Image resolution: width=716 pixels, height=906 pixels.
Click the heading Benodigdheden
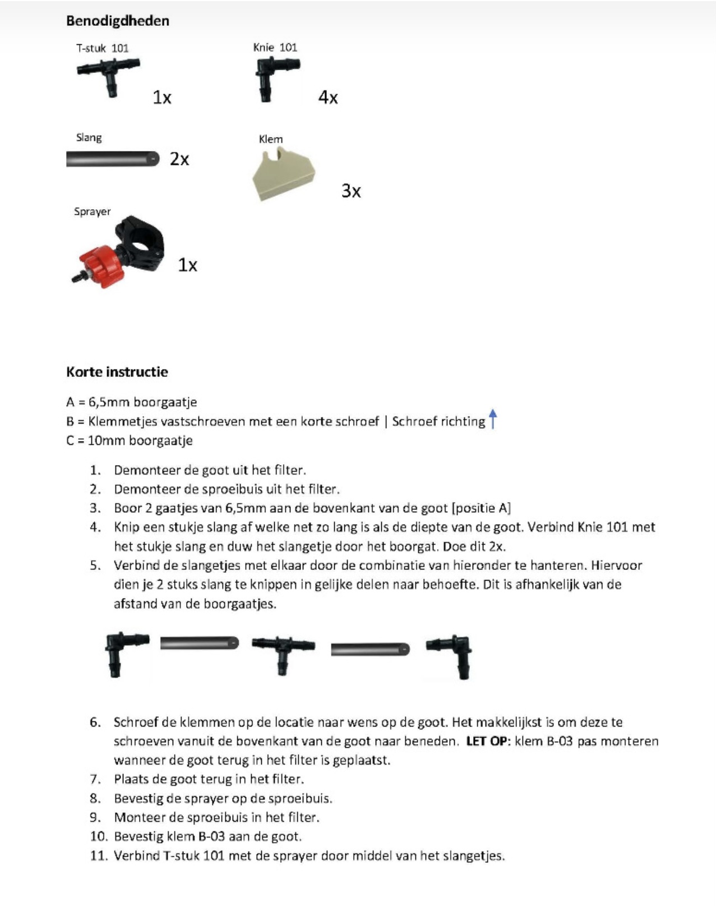117,21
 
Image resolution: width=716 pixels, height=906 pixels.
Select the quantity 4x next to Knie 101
328,98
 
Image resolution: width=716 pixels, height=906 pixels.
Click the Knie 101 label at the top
275,48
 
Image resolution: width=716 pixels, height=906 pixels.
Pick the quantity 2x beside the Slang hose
179,159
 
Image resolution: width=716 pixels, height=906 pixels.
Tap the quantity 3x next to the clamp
351,191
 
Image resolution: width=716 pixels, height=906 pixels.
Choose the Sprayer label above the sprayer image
92,211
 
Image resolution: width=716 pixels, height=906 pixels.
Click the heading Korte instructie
117,372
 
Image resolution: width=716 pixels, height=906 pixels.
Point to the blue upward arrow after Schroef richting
493,419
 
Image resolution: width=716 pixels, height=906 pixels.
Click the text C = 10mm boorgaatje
129,440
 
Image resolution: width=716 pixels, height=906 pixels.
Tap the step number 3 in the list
95,508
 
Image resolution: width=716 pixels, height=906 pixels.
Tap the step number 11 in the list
98,856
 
